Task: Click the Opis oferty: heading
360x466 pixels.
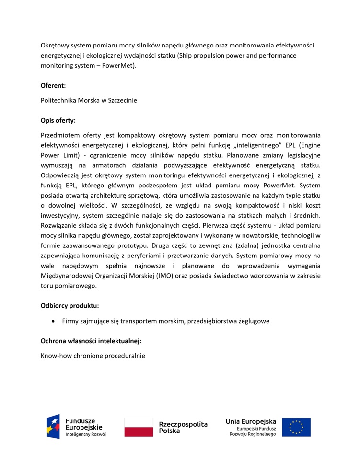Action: [x=58, y=120]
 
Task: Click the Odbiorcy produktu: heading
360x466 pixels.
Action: [x=70, y=305]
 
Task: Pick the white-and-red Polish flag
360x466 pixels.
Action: [x=139, y=427]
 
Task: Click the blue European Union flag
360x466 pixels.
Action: [x=296, y=427]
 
